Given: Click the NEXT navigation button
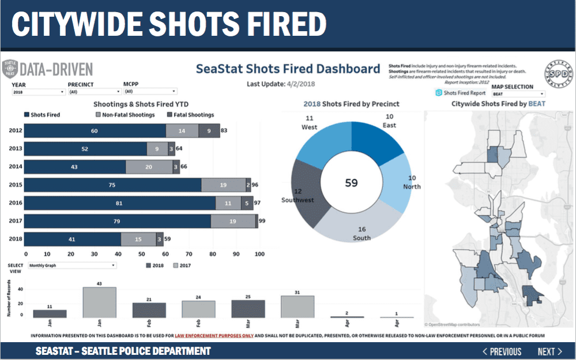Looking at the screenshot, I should click(549, 351).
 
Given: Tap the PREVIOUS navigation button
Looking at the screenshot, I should click(502, 351).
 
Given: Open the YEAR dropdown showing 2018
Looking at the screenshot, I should click(38, 92).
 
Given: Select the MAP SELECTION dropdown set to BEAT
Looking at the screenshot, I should click(518, 93).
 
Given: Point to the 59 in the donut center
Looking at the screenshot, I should click(351, 183).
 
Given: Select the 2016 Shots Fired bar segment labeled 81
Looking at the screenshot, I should click(121, 203).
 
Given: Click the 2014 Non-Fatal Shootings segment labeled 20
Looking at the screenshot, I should click(149, 167).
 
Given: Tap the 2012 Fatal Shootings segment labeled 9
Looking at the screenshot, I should click(209, 131).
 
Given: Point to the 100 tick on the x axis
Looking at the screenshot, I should click(259, 253).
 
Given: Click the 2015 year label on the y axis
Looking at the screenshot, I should click(16, 185).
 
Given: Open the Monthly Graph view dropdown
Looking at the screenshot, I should click(72, 265).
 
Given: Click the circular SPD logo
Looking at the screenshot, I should click(556, 74).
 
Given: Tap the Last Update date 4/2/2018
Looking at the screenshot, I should click(301, 84).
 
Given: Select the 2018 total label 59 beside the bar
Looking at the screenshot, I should click(168, 239).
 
